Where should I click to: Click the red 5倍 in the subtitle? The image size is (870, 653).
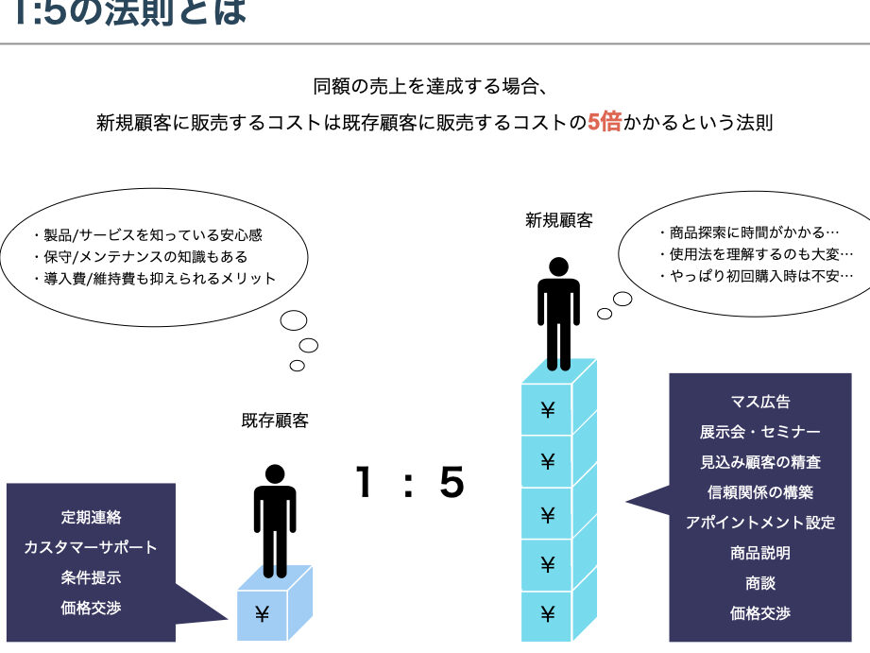pos(605,123)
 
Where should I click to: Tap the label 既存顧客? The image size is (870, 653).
pos(275,421)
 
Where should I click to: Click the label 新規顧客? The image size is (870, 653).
pos(559,220)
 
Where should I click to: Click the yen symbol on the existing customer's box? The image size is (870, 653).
pos(262,614)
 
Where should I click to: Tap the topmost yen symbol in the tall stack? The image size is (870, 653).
pos(547,409)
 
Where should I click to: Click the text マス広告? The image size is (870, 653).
pos(760,402)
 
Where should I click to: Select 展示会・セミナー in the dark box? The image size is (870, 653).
pos(760,432)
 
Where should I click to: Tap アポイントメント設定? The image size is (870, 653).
pos(760,523)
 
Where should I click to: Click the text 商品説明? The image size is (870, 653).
pos(760,553)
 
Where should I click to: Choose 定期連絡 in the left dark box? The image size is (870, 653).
pos(92,517)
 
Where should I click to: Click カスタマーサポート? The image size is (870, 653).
pos(92,547)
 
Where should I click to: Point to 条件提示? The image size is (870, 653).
pos(92,577)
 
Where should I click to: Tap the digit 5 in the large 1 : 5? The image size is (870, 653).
pos(452,483)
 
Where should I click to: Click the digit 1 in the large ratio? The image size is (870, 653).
pos(362,483)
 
